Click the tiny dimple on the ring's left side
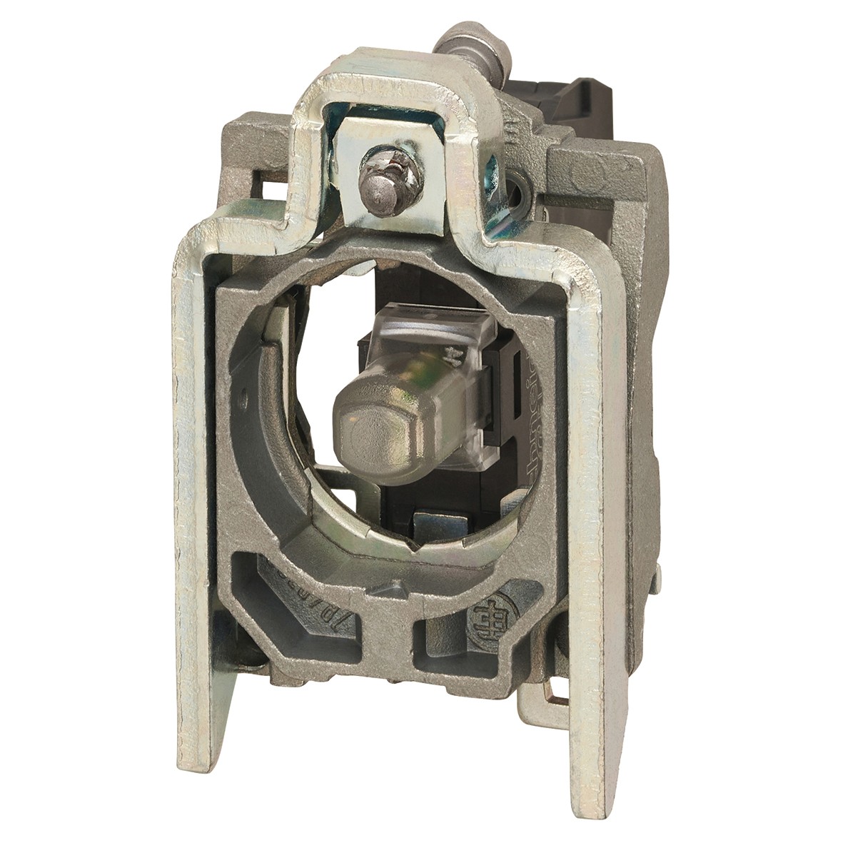pos(244,392)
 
